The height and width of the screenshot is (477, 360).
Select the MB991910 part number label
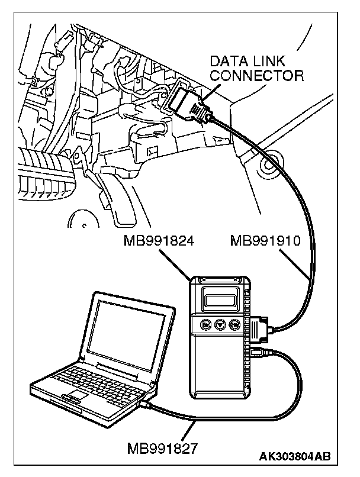(266, 241)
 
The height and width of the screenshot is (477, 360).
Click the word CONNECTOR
(257, 75)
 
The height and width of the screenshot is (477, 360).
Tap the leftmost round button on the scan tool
(205, 324)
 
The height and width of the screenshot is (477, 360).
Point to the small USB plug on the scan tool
(258, 353)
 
